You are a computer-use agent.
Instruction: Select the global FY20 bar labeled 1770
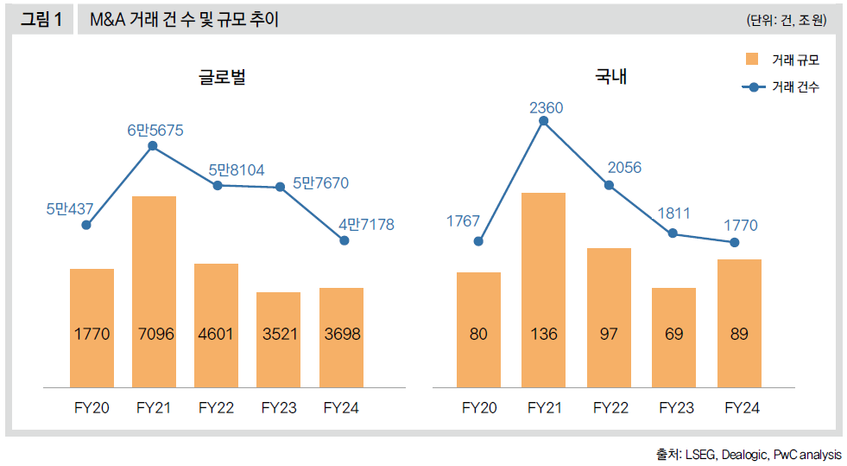(x=92, y=327)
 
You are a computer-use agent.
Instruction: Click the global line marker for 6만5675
(x=153, y=146)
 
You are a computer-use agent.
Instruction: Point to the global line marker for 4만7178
(x=344, y=240)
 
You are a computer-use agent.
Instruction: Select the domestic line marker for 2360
(x=543, y=121)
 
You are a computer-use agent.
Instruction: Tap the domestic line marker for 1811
(x=673, y=233)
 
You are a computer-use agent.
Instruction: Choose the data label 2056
(x=623, y=168)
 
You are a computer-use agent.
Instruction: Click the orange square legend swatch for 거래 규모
(x=751, y=60)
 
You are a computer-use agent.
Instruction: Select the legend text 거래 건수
(x=795, y=87)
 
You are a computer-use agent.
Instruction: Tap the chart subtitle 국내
(x=610, y=77)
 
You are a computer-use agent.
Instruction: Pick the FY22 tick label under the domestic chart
(x=609, y=407)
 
